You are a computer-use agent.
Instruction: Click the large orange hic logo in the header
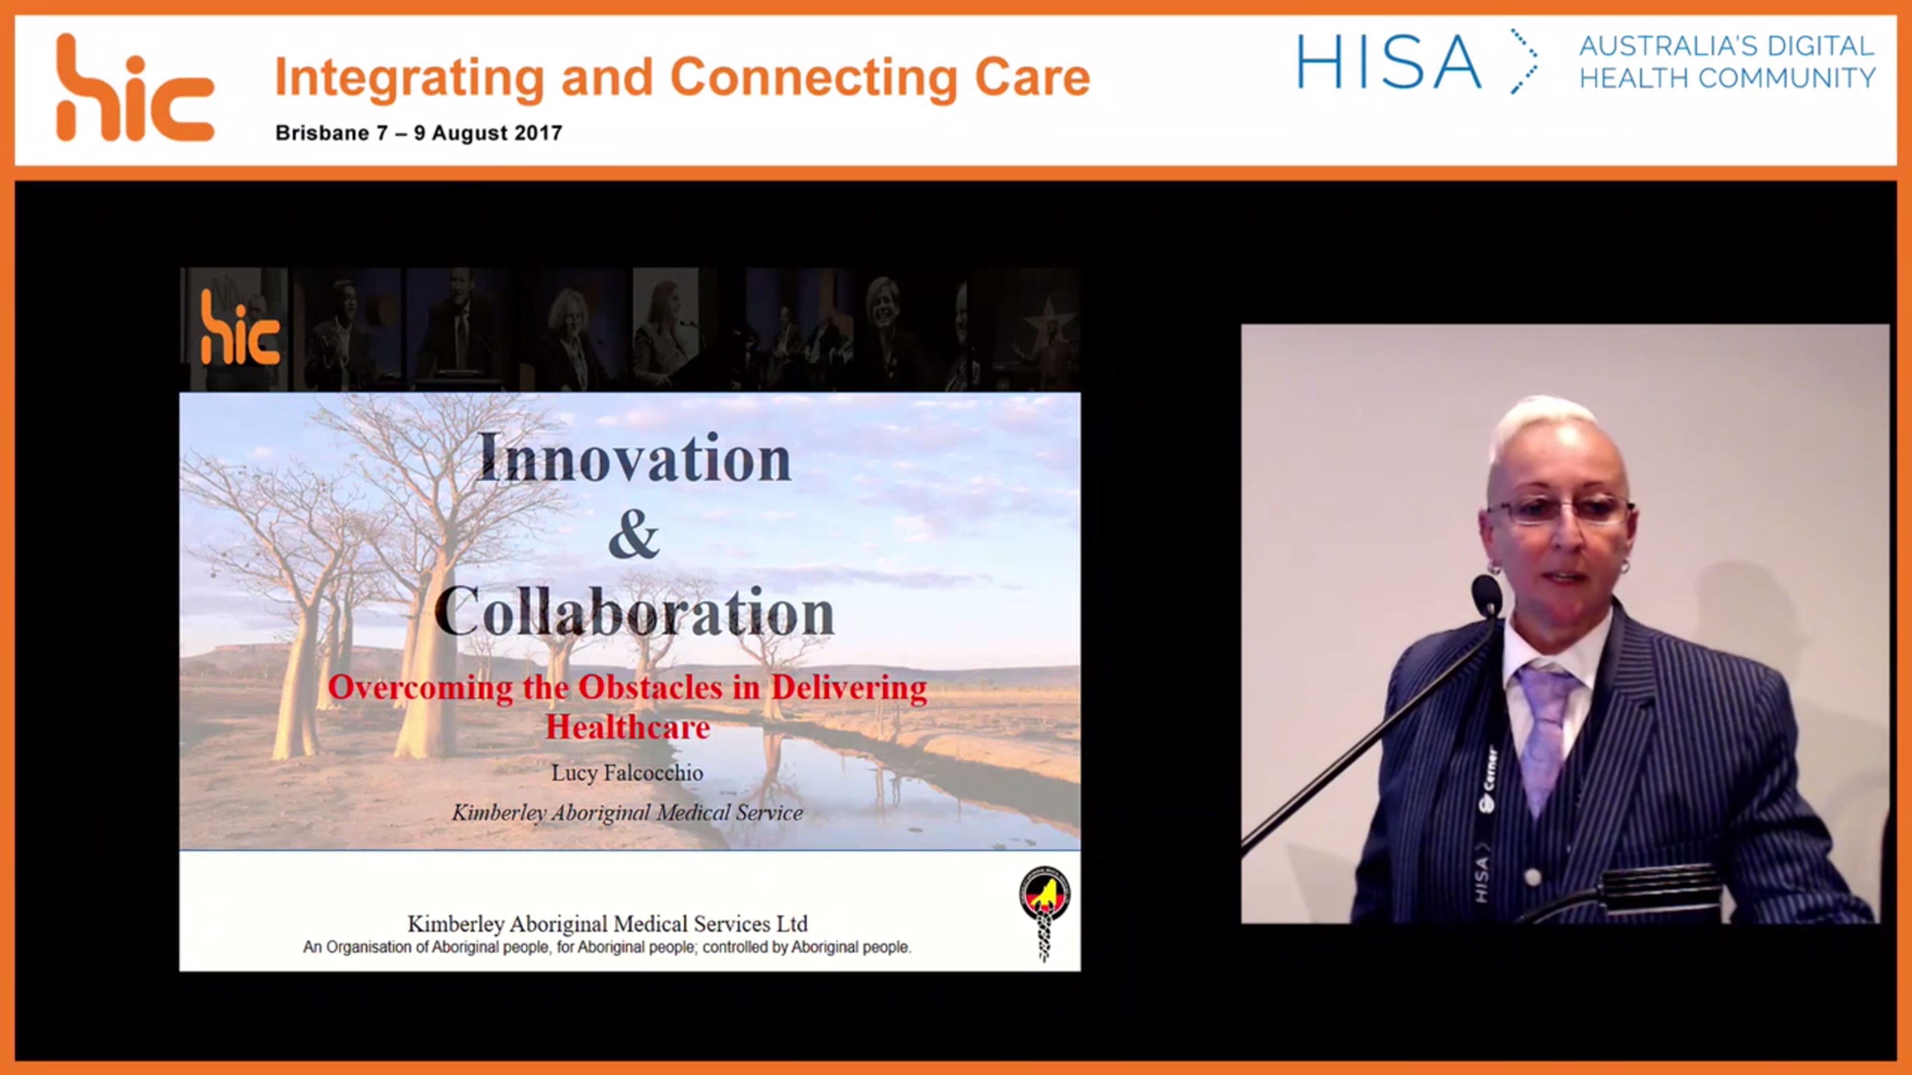(135, 87)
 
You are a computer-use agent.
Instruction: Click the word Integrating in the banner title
(410, 78)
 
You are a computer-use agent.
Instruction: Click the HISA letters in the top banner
(1388, 62)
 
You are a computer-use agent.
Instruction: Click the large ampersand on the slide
(634, 535)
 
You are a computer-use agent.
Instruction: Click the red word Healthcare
(628, 727)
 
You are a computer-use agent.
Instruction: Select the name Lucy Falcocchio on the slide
(627, 773)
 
